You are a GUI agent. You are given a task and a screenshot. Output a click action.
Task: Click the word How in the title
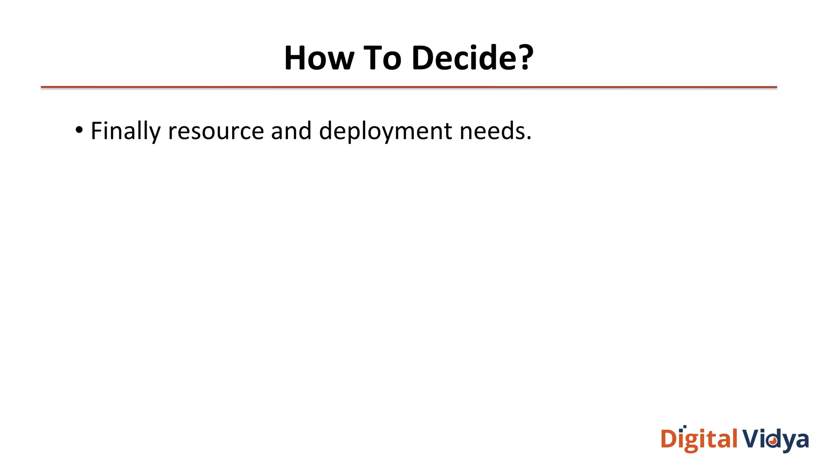[x=319, y=58]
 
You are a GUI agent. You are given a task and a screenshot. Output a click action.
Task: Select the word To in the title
[x=382, y=58]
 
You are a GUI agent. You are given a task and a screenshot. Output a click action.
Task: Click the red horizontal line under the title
[x=409, y=87]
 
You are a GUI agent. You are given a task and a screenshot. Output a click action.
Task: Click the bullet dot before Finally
[x=79, y=130]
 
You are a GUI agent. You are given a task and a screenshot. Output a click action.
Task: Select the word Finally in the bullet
[x=125, y=131]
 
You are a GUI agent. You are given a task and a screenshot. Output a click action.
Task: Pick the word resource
[x=216, y=131]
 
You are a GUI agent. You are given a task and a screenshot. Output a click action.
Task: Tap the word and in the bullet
[x=291, y=131]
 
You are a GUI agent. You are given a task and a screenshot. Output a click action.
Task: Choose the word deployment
[x=385, y=131]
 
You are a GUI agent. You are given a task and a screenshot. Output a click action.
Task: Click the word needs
[x=492, y=131]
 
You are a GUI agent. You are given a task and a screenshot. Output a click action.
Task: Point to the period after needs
[x=529, y=138]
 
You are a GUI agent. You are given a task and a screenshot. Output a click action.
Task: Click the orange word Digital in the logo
[x=699, y=440]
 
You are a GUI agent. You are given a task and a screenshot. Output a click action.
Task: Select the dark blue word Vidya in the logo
[x=775, y=440]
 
